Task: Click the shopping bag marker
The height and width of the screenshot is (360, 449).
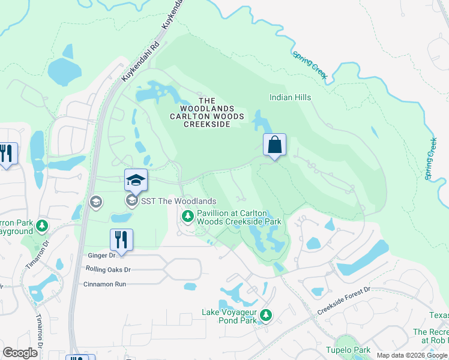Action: click(274, 145)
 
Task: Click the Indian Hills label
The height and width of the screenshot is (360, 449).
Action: click(290, 97)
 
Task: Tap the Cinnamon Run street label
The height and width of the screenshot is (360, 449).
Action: click(104, 284)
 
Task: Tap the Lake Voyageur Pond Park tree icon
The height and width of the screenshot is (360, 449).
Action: click(266, 314)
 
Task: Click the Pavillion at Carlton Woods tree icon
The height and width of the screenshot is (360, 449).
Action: click(188, 215)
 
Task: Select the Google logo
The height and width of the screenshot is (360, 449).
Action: click(20, 353)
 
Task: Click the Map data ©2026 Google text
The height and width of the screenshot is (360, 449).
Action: click(412, 355)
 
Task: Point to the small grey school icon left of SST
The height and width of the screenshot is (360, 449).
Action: click(95, 202)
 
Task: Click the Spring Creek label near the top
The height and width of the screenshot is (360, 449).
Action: click(310, 65)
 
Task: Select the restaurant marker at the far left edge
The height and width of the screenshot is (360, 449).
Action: click(7, 154)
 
